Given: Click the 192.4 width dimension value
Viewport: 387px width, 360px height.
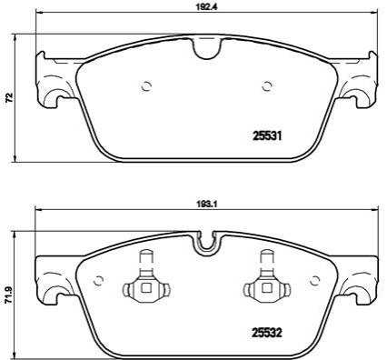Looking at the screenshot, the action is [x=207, y=7].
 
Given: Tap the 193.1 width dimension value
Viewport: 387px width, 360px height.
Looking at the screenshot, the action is [x=207, y=205].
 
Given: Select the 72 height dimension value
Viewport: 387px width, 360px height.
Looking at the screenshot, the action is [x=10, y=97].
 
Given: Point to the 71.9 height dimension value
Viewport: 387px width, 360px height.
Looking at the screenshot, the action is [x=10, y=293].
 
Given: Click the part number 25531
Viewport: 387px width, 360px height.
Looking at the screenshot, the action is [x=267, y=136].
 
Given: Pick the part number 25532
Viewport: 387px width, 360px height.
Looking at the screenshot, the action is [x=267, y=333].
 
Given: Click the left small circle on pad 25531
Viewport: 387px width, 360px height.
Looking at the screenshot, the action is [x=146, y=86].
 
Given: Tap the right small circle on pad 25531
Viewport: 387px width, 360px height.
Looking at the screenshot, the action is [x=267, y=86].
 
